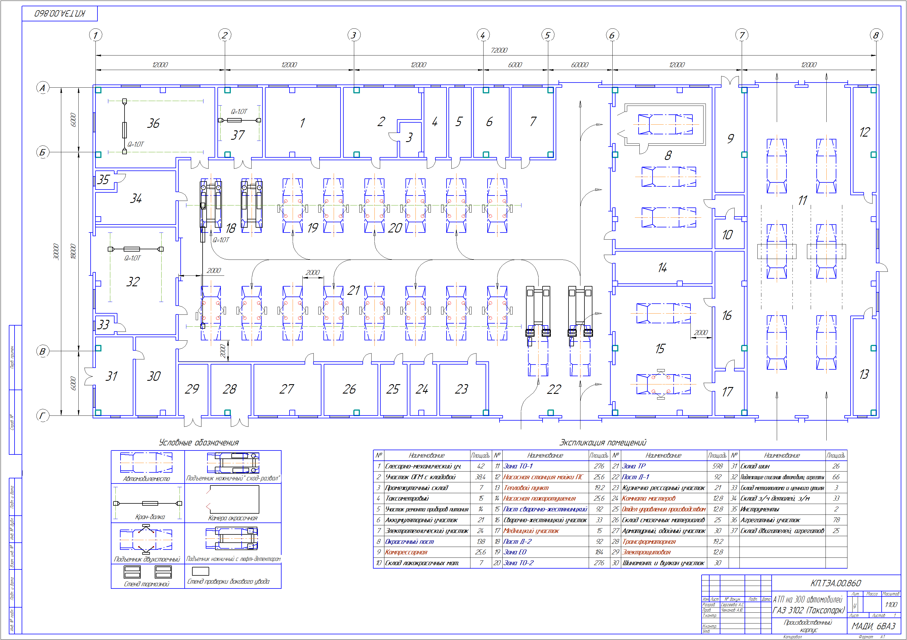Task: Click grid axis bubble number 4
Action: pyautogui.click(x=483, y=35)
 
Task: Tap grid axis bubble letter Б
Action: pyautogui.click(x=43, y=152)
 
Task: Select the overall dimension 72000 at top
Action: pyautogui.click(x=499, y=50)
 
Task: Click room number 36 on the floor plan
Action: pyautogui.click(x=153, y=123)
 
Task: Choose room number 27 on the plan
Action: pyautogui.click(x=287, y=389)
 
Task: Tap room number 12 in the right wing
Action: pyautogui.click(x=864, y=132)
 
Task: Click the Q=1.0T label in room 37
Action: pyautogui.click(x=239, y=112)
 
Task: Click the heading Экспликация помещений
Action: pyautogui.click(x=602, y=442)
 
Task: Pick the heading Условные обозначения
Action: pyautogui.click(x=199, y=442)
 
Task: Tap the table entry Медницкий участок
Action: pyautogui.click(x=531, y=531)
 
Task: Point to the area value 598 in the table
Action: pyautogui.click(x=718, y=466)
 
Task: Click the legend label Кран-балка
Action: pyautogui.click(x=150, y=516)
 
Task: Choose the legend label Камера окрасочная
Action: pyautogui.click(x=233, y=518)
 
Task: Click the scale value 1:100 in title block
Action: pyautogui.click(x=891, y=604)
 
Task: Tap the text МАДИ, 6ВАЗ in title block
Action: pyautogui.click(x=873, y=626)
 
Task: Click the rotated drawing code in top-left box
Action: pyautogui.click(x=60, y=13)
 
